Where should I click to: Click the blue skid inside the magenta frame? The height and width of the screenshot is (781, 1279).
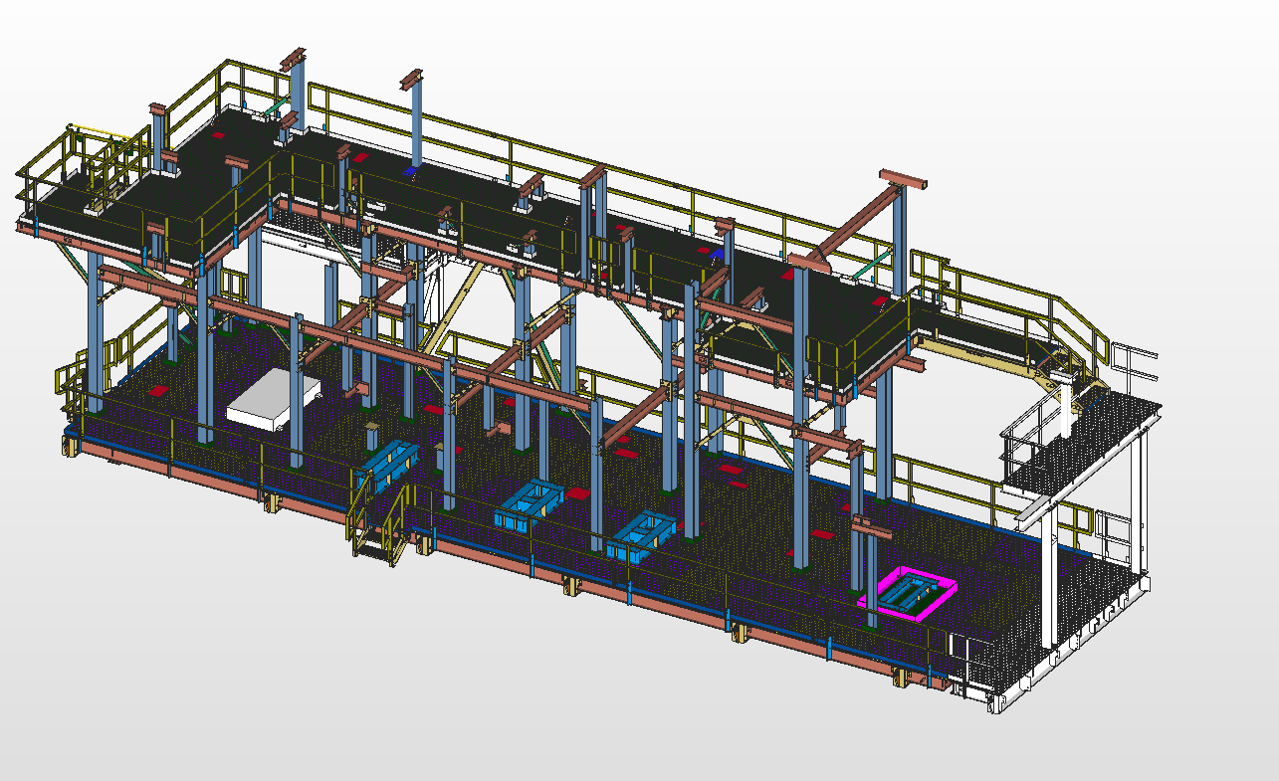point(912,595)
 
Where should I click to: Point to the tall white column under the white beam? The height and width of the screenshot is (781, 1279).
point(1049,587)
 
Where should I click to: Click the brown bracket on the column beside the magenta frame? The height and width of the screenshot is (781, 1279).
point(869,529)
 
